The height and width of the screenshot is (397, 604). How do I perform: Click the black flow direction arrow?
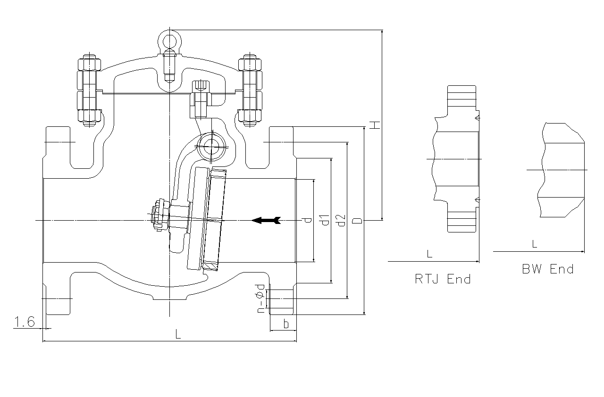(x=266, y=220)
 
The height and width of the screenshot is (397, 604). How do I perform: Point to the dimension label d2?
(x=341, y=220)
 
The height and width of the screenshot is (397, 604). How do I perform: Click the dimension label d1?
(x=324, y=220)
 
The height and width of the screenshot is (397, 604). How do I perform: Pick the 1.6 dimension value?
(x=25, y=322)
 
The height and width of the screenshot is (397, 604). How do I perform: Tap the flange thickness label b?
(x=285, y=324)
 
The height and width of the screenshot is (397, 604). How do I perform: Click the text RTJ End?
(x=443, y=279)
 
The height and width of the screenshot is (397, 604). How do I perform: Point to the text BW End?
(x=547, y=269)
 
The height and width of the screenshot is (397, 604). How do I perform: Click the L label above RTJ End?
(x=429, y=254)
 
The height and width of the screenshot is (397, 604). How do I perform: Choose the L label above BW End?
(x=534, y=244)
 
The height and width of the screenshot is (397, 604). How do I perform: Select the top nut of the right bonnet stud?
(x=250, y=63)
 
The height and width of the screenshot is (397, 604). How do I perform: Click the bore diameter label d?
(x=307, y=220)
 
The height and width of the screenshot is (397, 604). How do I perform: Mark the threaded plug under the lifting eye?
(x=169, y=66)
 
